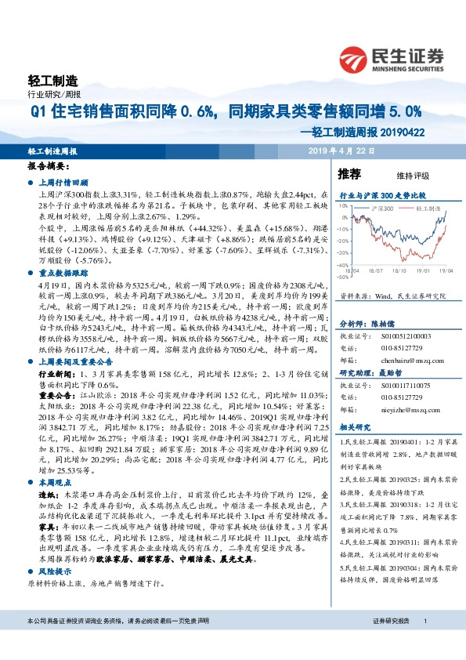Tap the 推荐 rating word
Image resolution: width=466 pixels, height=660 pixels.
tap(349, 173)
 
